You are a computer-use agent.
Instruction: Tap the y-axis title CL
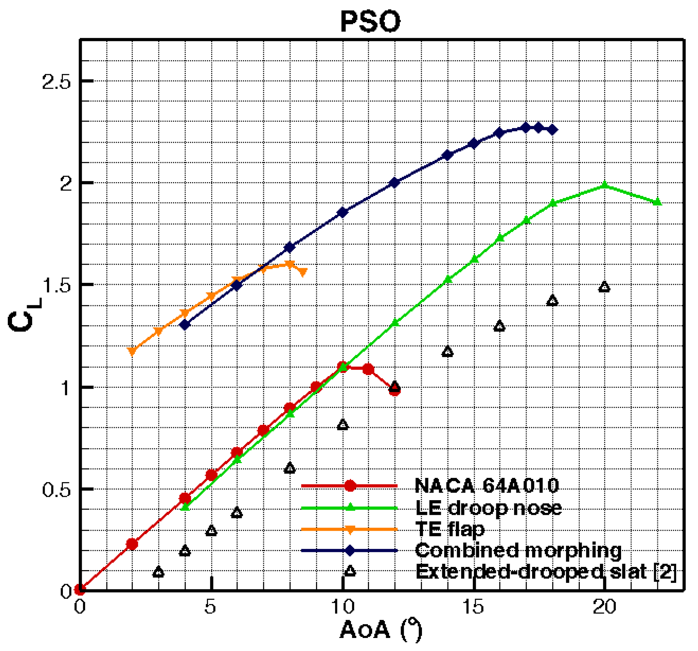pyautogui.click(x=24, y=315)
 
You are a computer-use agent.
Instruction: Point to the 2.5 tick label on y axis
pyautogui.click(x=56, y=82)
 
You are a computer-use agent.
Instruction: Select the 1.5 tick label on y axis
pyautogui.click(x=56, y=285)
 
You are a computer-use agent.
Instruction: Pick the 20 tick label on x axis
pyautogui.click(x=604, y=606)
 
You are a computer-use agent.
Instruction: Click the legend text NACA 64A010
pyautogui.click(x=487, y=486)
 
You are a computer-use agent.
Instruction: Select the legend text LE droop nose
pyautogui.click(x=488, y=508)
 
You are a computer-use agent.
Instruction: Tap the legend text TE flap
pyautogui.click(x=450, y=529)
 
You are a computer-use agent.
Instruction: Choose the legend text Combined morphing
pyautogui.click(x=518, y=550)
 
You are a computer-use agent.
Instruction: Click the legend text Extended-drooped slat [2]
pyautogui.click(x=545, y=571)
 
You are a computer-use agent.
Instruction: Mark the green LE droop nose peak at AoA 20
pyautogui.click(x=604, y=185)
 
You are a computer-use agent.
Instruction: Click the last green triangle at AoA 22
pyautogui.click(x=657, y=202)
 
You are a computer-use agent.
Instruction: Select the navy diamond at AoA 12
pyautogui.click(x=395, y=182)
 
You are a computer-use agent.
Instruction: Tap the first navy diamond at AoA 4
pyautogui.click(x=185, y=325)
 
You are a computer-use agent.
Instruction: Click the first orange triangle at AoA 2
pyautogui.click(x=132, y=351)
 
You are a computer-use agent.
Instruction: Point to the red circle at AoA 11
pyautogui.click(x=368, y=369)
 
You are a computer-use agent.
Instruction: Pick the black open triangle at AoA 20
pyautogui.click(x=604, y=287)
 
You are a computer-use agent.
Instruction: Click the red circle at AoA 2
pyautogui.click(x=132, y=544)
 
